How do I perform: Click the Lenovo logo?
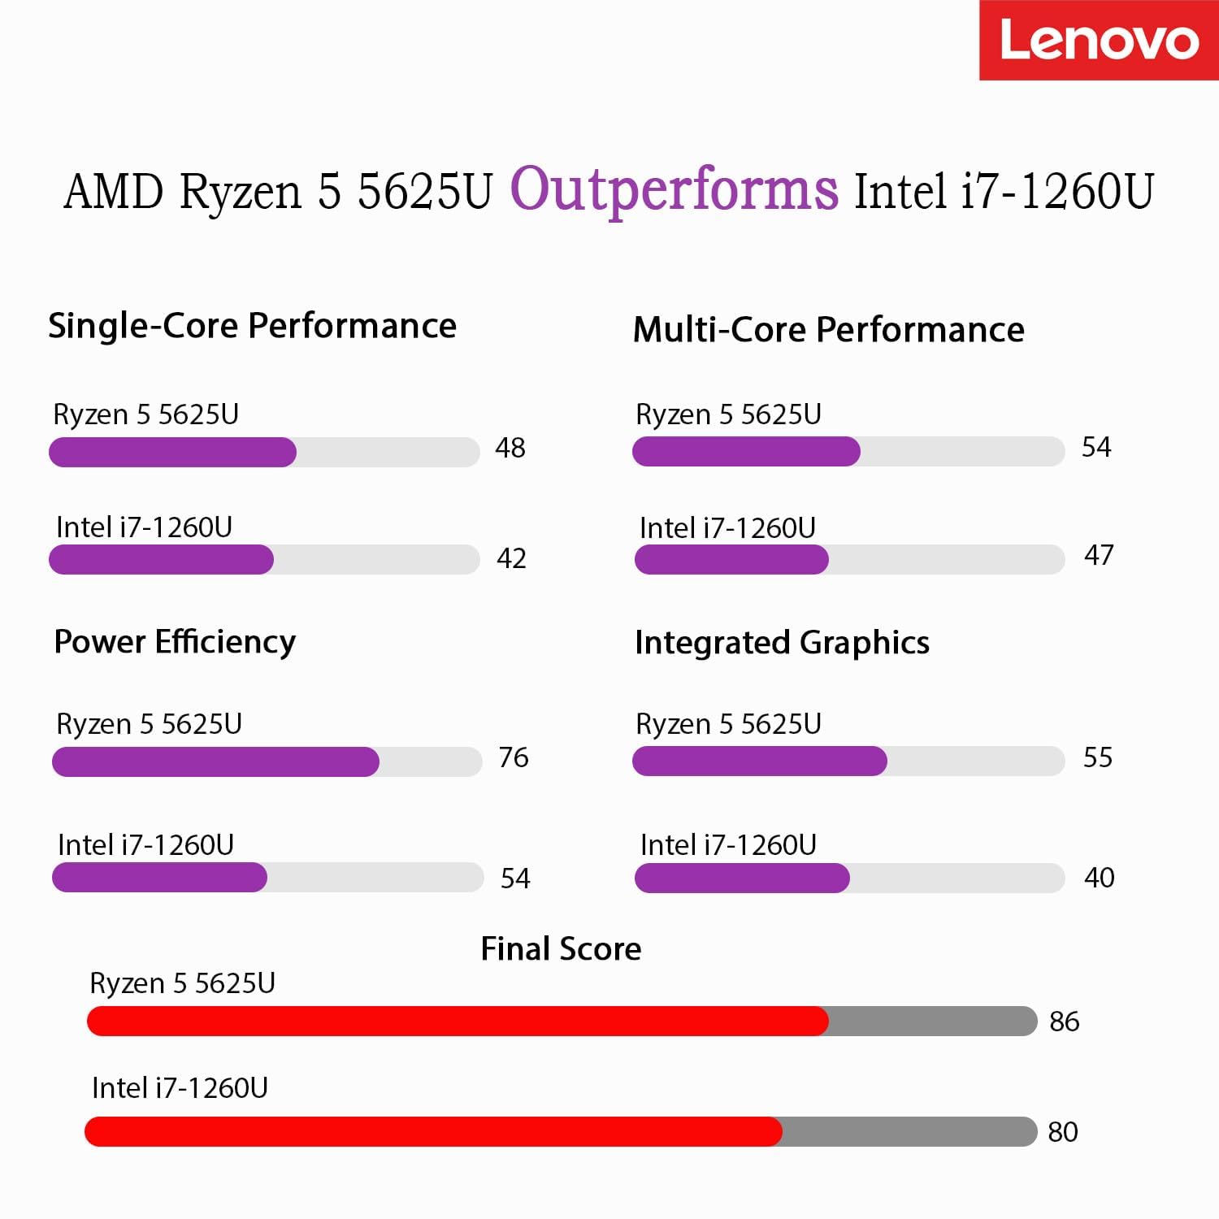tap(1099, 41)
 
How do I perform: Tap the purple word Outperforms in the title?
tap(674, 190)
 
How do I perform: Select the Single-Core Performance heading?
tap(252, 326)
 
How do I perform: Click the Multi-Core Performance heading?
tap(828, 330)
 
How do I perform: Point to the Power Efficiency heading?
tap(175, 642)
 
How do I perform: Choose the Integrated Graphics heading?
tap(782, 643)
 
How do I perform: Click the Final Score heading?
tap(561, 949)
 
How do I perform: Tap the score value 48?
tap(510, 448)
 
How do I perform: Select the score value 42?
tap(511, 558)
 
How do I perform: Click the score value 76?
tap(514, 757)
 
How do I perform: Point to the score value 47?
tap(1099, 555)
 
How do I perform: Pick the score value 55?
tap(1097, 757)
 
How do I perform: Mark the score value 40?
tap(1099, 878)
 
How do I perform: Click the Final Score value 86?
tap(1064, 1022)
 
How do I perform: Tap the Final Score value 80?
tap(1062, 1132)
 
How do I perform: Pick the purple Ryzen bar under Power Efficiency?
tap(215, 761)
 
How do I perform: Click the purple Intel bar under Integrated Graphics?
tap(742, 878)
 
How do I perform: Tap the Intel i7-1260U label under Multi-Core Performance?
tap(727, 528)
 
